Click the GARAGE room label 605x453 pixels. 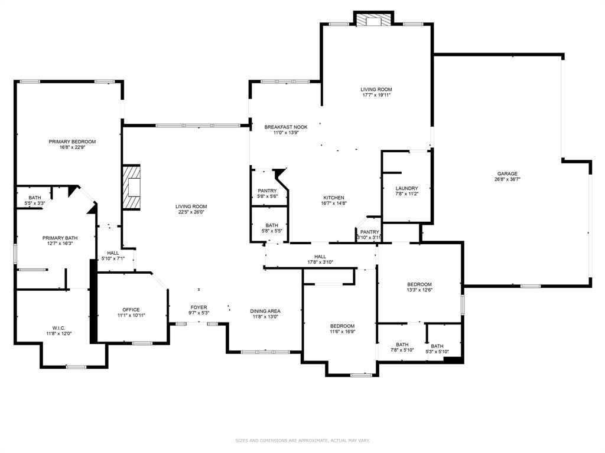[507, 173]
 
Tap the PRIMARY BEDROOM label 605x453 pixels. [72, 142]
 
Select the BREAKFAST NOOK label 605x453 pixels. [285, 127]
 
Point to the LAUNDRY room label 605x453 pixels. [406, 188]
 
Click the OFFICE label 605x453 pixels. [131, 310]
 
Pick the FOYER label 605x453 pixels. [199, 307]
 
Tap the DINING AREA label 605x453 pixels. [265, 311]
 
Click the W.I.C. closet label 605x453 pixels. [58, 328]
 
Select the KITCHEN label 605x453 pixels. [334, 198]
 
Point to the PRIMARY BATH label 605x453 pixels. [60, 238]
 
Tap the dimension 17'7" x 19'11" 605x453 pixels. [376, 95]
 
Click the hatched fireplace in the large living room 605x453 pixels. [132, 188]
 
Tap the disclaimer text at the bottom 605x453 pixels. [302, 440]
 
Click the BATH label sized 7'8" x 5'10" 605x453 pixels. [402, 345]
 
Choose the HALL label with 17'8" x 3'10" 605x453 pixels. [320, 257]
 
